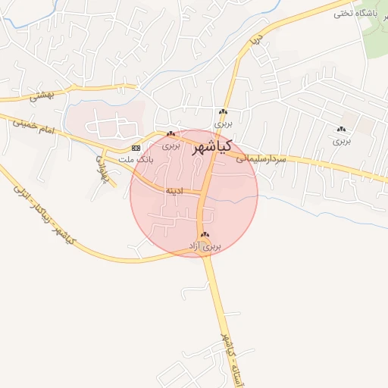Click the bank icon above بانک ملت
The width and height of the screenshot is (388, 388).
click(136, 147)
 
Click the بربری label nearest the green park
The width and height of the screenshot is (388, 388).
click(342, 140)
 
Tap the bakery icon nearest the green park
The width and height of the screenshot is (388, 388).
click(342, 130)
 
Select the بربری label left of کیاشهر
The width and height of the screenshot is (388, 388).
click(172, 145)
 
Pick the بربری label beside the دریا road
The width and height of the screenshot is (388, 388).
click(222, 122)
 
